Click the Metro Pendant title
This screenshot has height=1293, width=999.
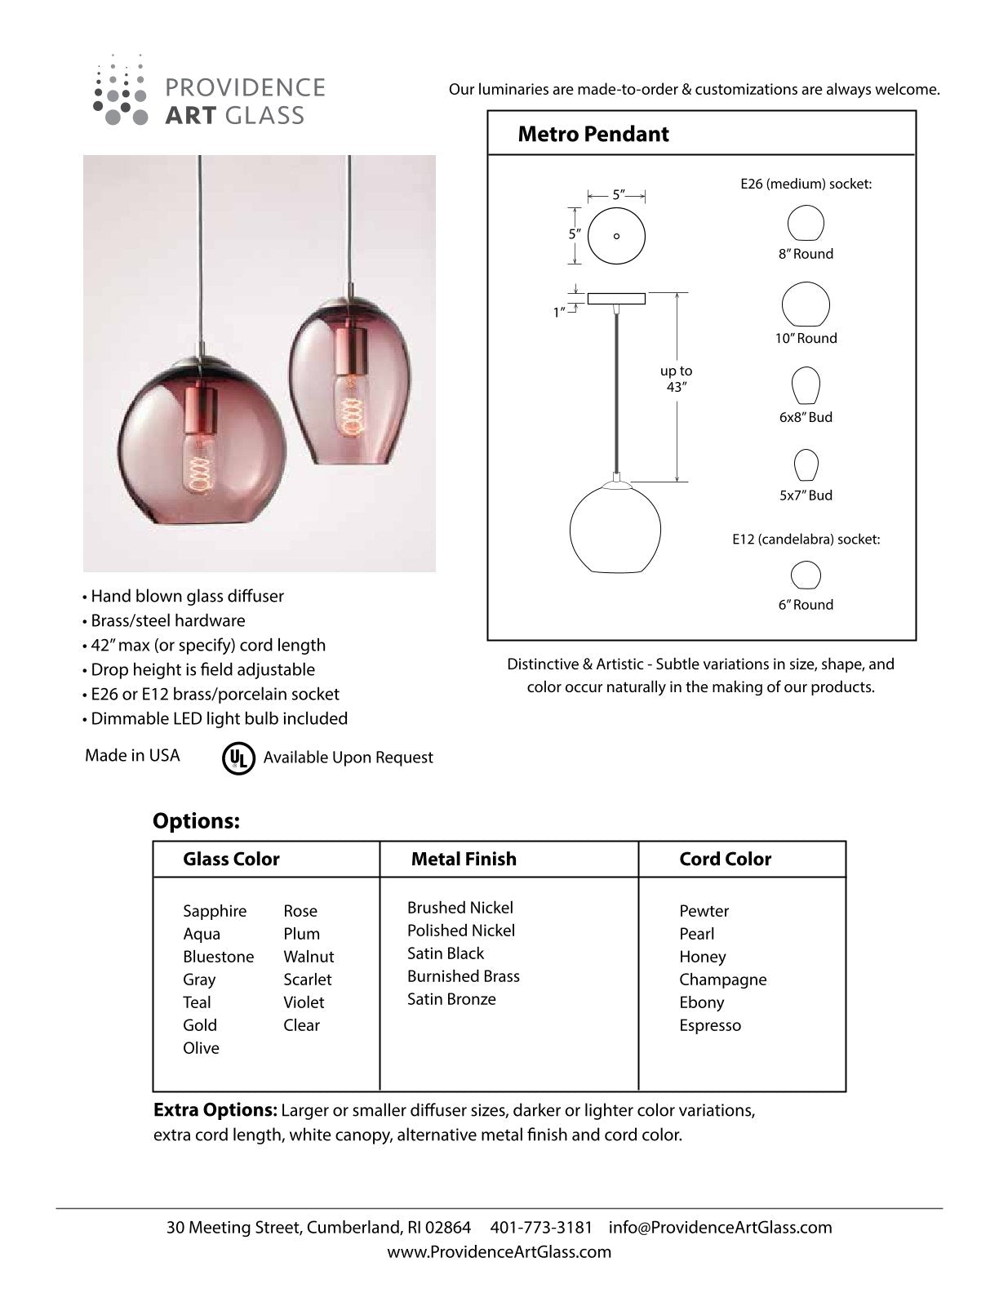pyautogui.click(x=593, y=135)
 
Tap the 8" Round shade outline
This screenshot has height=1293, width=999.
pyautogui.click(x=806, y=223)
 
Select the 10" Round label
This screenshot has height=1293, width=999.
pyautogui.click(x=806, y=338)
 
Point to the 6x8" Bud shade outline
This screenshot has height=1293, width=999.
pyautogui.click(x=806, y=386)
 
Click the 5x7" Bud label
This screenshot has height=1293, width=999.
pyautogui.click(x=806, y=495)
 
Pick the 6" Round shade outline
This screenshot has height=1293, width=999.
pyautogui.click(x=806, y=575)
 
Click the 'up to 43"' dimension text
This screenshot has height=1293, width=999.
pyautogui.click(x=676, y=379)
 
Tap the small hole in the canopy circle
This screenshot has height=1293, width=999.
pyautogui.click(x=616, y=237)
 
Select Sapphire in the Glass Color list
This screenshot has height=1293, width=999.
pyautogui.click(x=215, y=911)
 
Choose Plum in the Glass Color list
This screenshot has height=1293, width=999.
pyautogui.click(x=301, y=934)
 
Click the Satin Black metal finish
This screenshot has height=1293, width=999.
pyautogui.click(x=446, y=953)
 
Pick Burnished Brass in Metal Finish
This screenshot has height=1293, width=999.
pyautogui.click(x=463, y=976)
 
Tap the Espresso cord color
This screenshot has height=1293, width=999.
pyautogui.click(x=710, y=1025)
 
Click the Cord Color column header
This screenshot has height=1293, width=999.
pyautogui.click(x=725, y=859)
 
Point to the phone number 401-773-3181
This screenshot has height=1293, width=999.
pyautogui.click(x=541, y=1228)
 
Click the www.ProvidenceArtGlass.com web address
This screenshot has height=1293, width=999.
pyautogui.click(x=499, y=1252)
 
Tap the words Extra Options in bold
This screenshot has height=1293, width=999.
pyautogui.click(x=215, y=1111)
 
